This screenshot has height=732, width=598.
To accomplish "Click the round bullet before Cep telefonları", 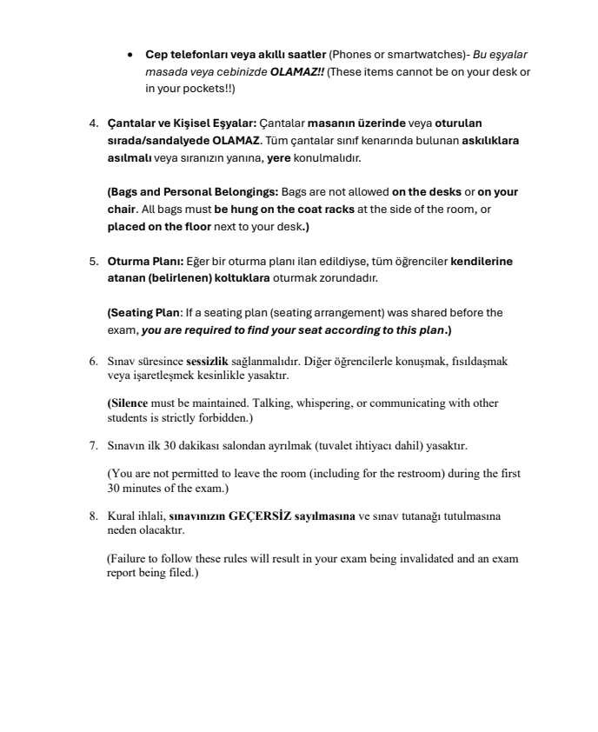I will tap(130, 55).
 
